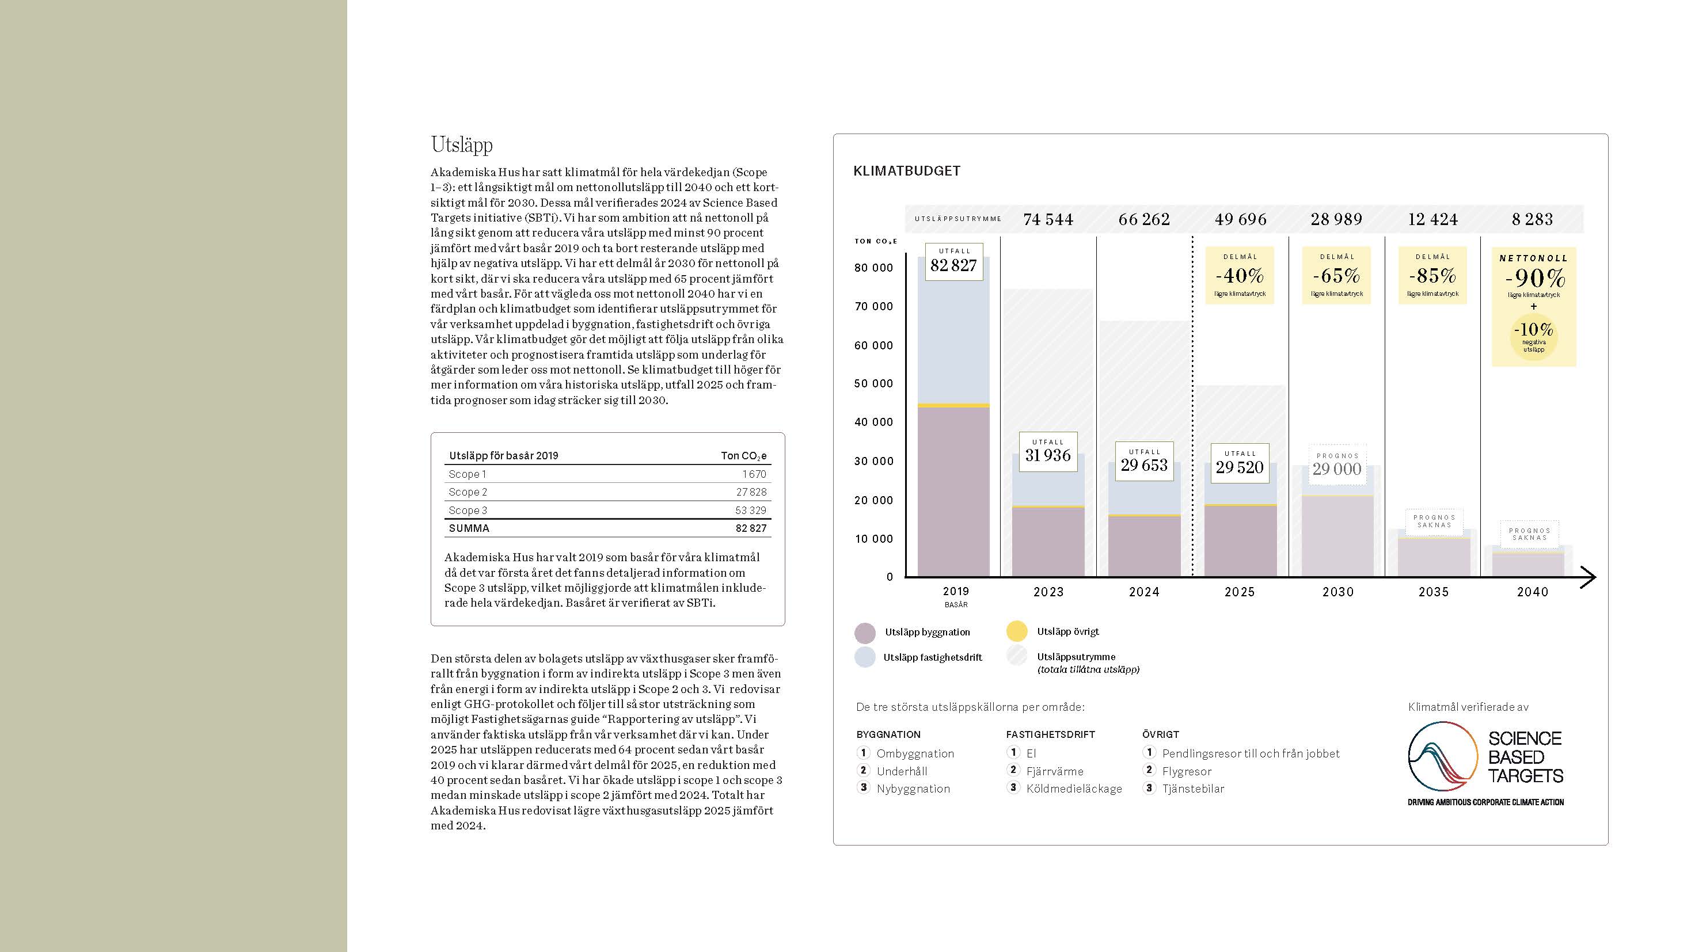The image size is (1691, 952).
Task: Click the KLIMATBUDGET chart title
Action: tap(907, 172)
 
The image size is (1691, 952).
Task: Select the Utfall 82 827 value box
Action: tap(954, 262)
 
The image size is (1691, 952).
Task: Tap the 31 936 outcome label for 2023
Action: tap(1048, 451)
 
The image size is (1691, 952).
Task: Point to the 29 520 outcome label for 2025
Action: tap(1240, 463)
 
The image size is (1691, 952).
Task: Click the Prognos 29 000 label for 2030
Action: tap(1337, 465)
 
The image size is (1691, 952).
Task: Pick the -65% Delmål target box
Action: tap(1336, 275)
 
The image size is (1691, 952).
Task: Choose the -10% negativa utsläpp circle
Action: tap(1533, 335)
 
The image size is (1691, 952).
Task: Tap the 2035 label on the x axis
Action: tap(1433, 592)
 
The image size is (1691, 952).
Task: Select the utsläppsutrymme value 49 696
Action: tap(1240, 219)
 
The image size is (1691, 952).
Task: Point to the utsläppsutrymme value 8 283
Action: tap(1532, 219)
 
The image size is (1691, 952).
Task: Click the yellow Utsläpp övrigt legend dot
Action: tap(1016, 631)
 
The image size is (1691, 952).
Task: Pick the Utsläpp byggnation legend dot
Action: tap(865, 633)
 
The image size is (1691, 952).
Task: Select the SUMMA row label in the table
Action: tap(469, 528)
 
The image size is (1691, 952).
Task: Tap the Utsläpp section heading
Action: tap(462, 144)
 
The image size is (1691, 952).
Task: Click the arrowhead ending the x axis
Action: tap(1589, 577)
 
